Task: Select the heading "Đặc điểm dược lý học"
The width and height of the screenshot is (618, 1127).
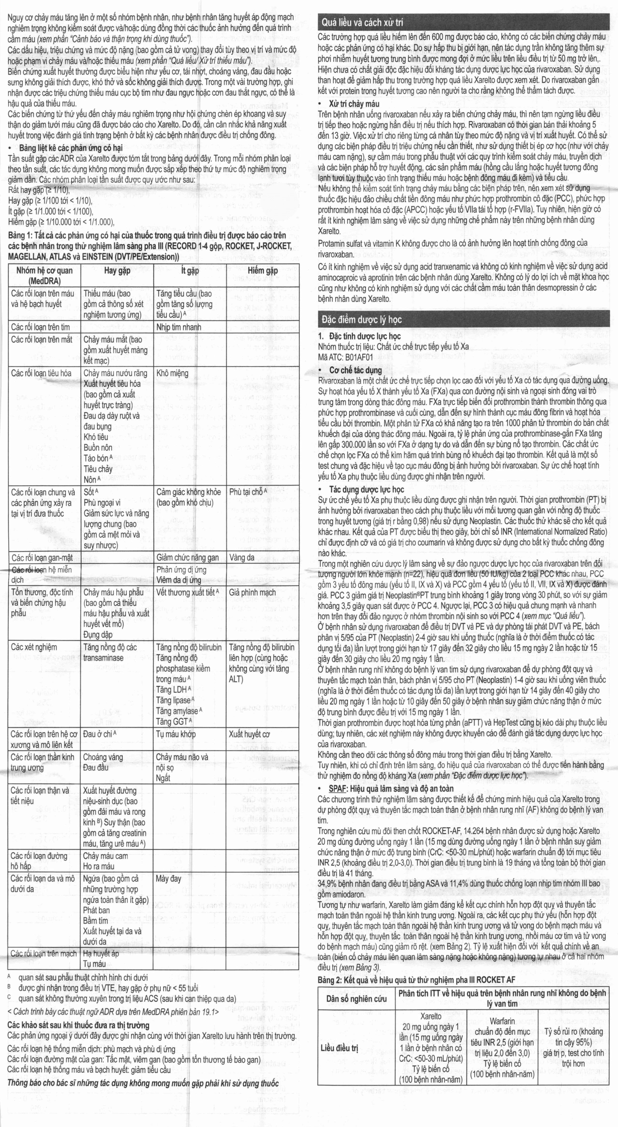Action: click(x=362, y=320)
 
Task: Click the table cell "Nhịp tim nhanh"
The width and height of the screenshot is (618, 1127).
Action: click(x=179, y=327)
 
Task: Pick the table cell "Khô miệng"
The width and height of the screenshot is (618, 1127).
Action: click(x=172, y=373)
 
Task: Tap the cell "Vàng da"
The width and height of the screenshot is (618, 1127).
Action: click(x=242, y=557)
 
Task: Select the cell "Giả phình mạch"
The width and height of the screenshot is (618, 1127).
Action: click(x=252, y=592)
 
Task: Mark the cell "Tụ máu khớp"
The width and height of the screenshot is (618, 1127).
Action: click(x=176, y=734)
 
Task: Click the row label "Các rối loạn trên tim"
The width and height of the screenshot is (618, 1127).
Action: click(x=40, y=327)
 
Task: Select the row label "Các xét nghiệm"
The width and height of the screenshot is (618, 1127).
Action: click(x=34, y=647)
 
